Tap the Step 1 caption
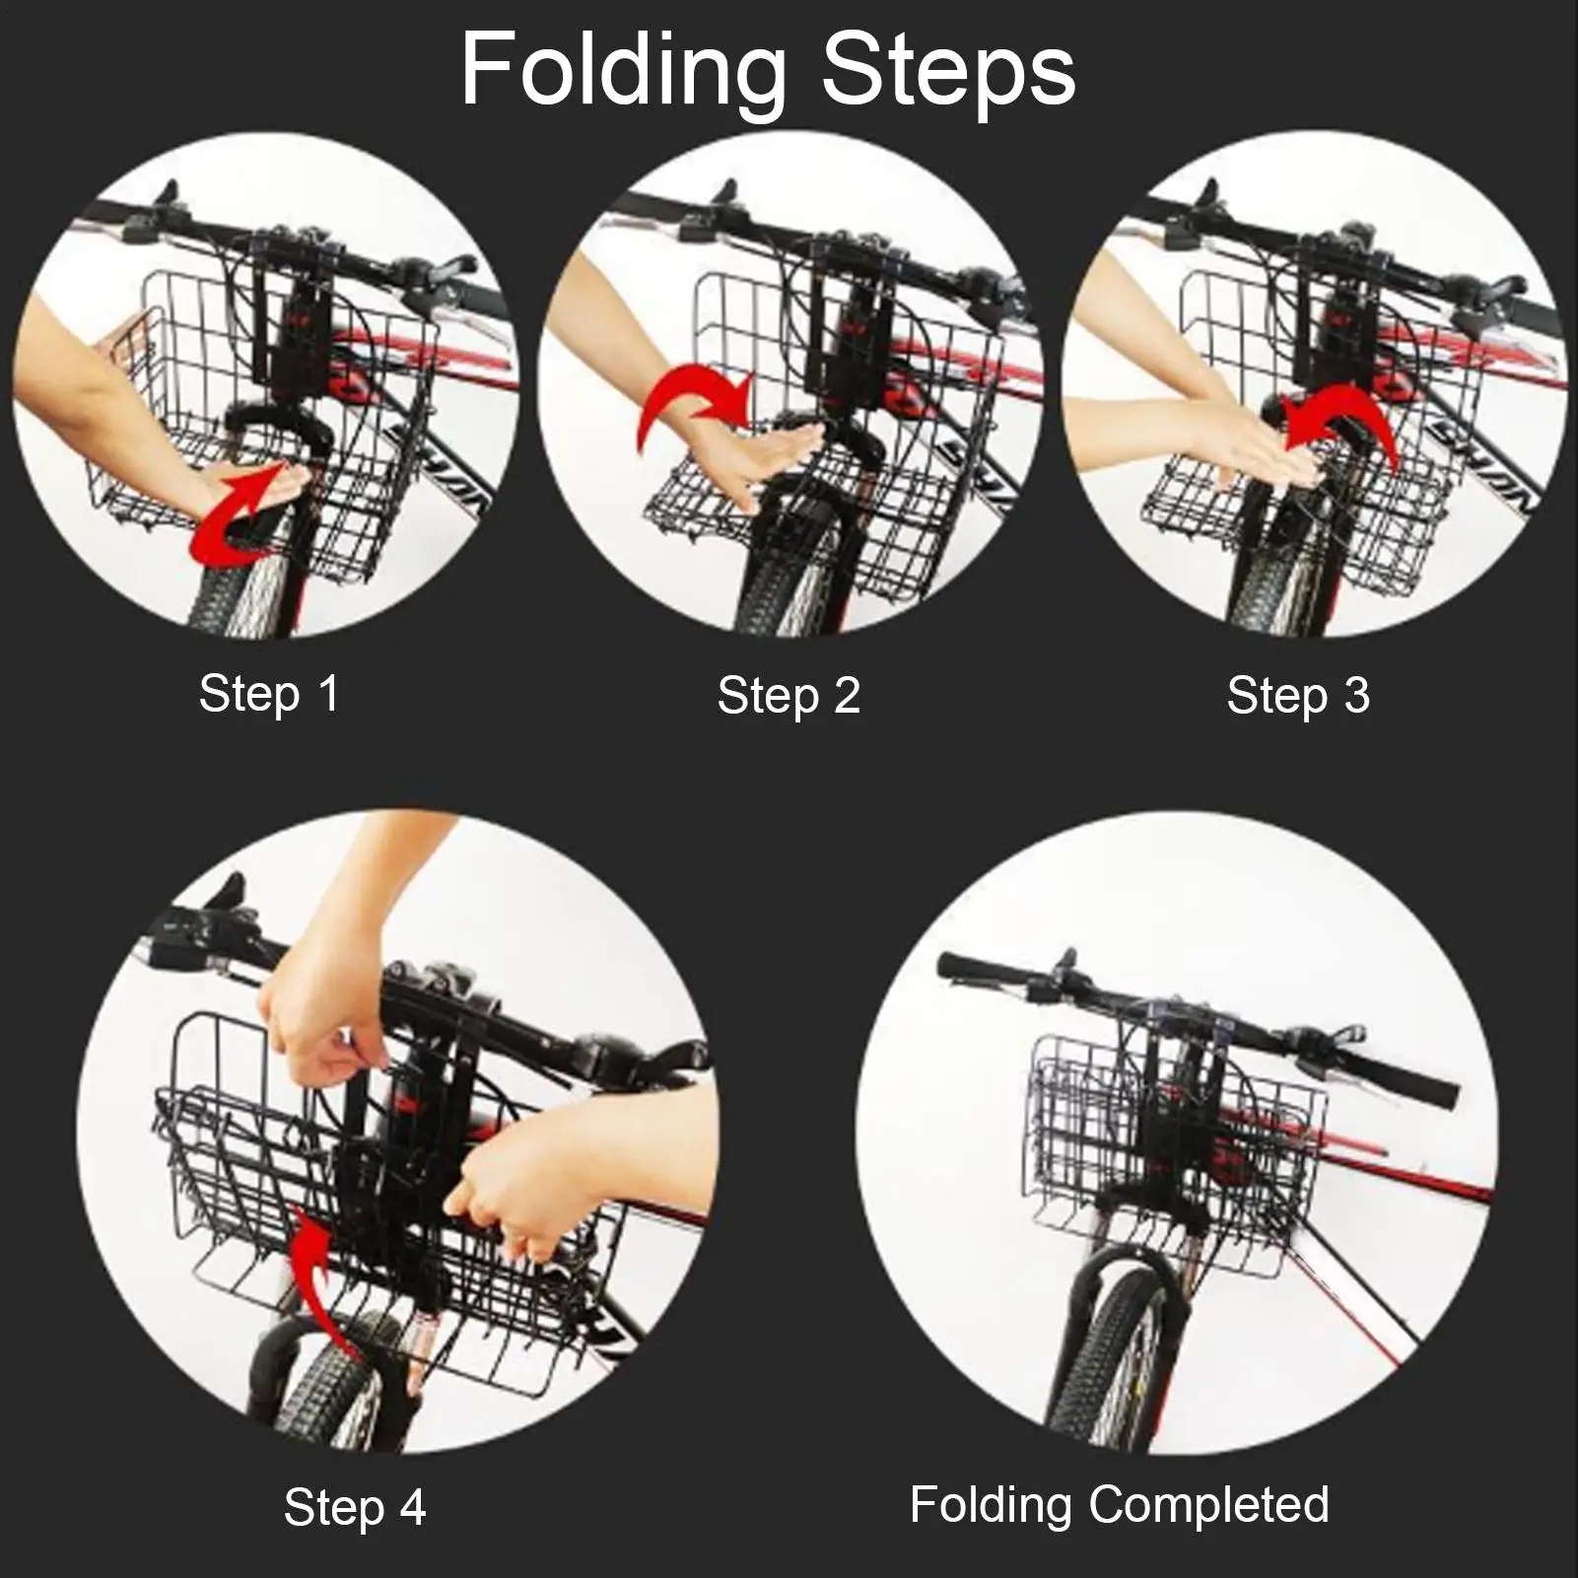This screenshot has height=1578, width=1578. pos(269,693)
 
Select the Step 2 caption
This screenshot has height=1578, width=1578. pos(789,695)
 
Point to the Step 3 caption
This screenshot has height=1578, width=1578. pos(1298,695)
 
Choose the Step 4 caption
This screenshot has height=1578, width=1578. pos(355,1507)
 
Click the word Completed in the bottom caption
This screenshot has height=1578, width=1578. pos(1210,1504)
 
